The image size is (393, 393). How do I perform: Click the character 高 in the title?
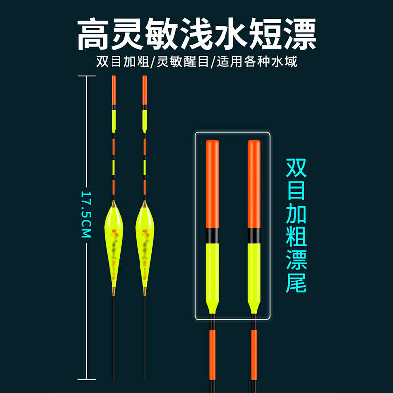pyautogui.click(x=94, y=34)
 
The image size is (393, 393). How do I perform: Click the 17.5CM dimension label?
pyautogui.click(x=86, y=214)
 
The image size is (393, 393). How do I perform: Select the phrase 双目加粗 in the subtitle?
pyautogui.click(x=124, y=62)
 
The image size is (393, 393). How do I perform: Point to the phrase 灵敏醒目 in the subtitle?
pyautogui.click(x=183, y=62)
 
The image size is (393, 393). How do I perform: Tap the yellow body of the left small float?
pyautogui.click(x=113, y=241)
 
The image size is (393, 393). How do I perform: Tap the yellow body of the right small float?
pyautogui.click(x=144, y=241)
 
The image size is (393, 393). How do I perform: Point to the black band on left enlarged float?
pyautogui.click(x=212, y=235)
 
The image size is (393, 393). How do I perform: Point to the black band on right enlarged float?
pyautogui.click(x=253, y=235)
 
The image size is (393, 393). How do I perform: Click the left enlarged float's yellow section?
pyautogui.click(x=212, y=270)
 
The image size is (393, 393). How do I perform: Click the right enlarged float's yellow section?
pyautogui.click(x=253, y=270)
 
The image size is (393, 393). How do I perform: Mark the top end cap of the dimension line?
pyautogui.click(x=87, y=77)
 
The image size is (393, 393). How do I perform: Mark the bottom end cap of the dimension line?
pyautogui.click(x=87, y=379)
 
